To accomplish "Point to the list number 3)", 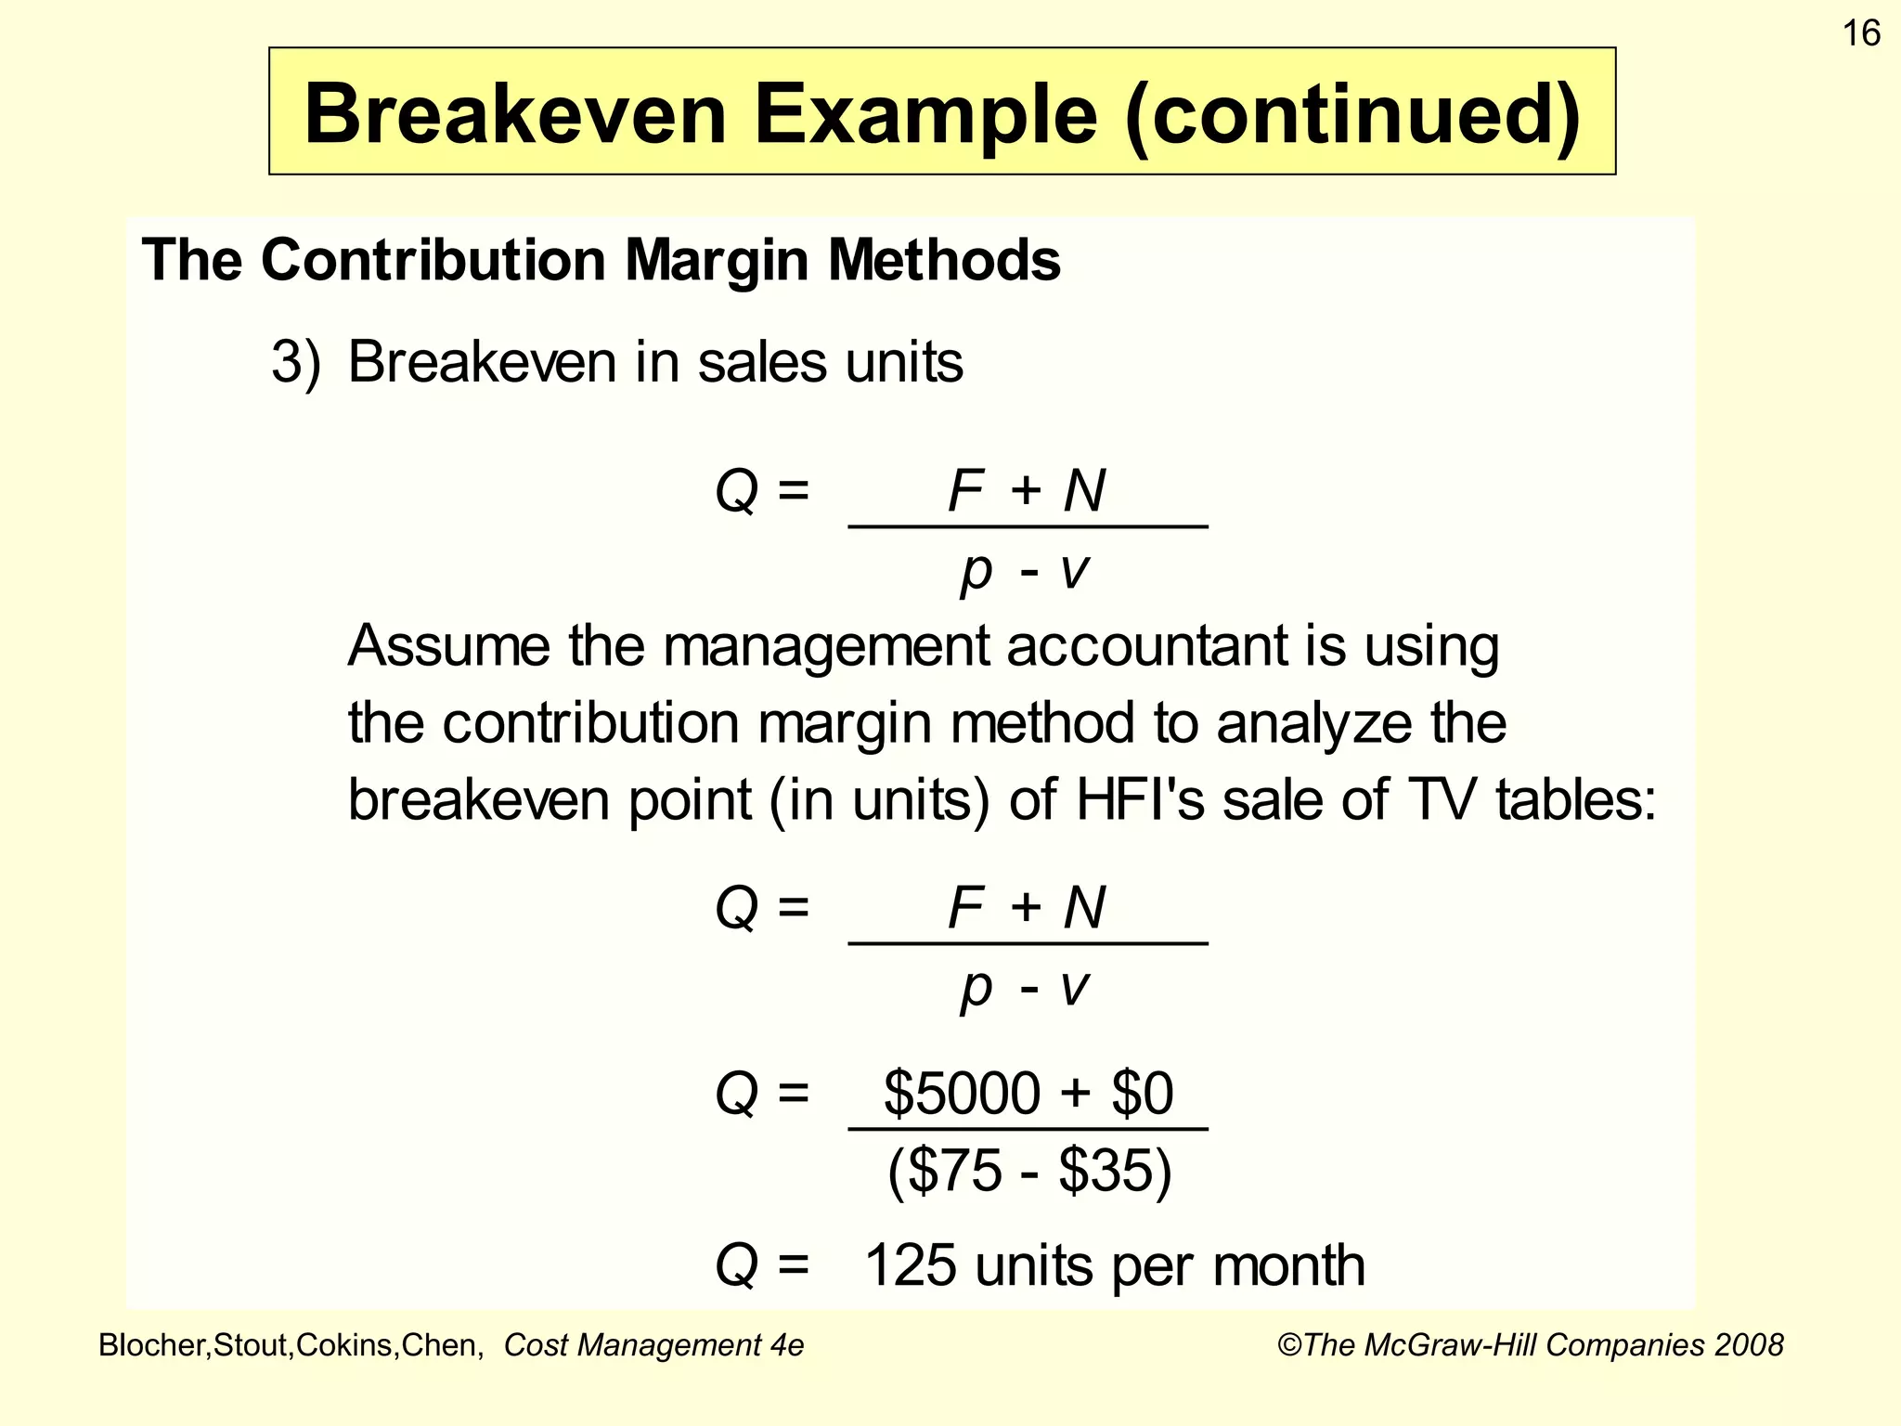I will click(x=296, y=362).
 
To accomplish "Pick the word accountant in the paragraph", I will click(x=1148, y=645).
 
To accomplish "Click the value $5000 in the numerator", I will click(x=961, y=1093).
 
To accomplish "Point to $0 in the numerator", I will click(x=1143, y=1093).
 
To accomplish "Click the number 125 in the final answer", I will click(x=910, y=1265).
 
